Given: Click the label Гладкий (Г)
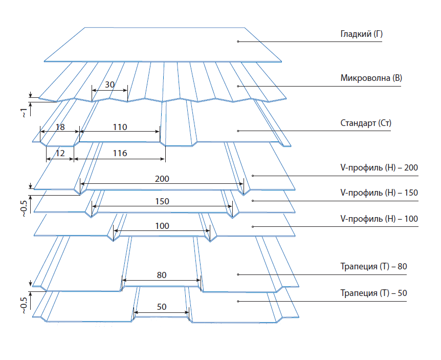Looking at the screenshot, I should pos(361,35).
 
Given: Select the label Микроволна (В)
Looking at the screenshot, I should pos(371,79).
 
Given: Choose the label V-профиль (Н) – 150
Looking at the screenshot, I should pos(379,193).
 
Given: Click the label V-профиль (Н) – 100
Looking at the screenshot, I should pos(379,219).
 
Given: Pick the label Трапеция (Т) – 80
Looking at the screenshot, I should pos(373,267).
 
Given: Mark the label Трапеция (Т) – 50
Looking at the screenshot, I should pos(373,293).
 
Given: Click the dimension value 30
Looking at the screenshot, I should pos(109,84).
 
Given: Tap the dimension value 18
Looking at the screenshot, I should pos(60,127).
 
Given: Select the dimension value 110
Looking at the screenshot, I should pos(120,127).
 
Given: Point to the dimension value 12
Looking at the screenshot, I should pos(60,153).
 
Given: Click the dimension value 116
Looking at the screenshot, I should pos(120,153).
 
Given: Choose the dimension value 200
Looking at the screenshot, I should pos(162,179).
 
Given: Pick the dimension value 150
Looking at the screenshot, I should pos(162,202).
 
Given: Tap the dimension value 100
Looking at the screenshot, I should pos(162,226).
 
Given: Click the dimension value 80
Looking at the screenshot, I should pos(162,275).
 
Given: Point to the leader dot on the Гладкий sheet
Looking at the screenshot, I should pos(238,40).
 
